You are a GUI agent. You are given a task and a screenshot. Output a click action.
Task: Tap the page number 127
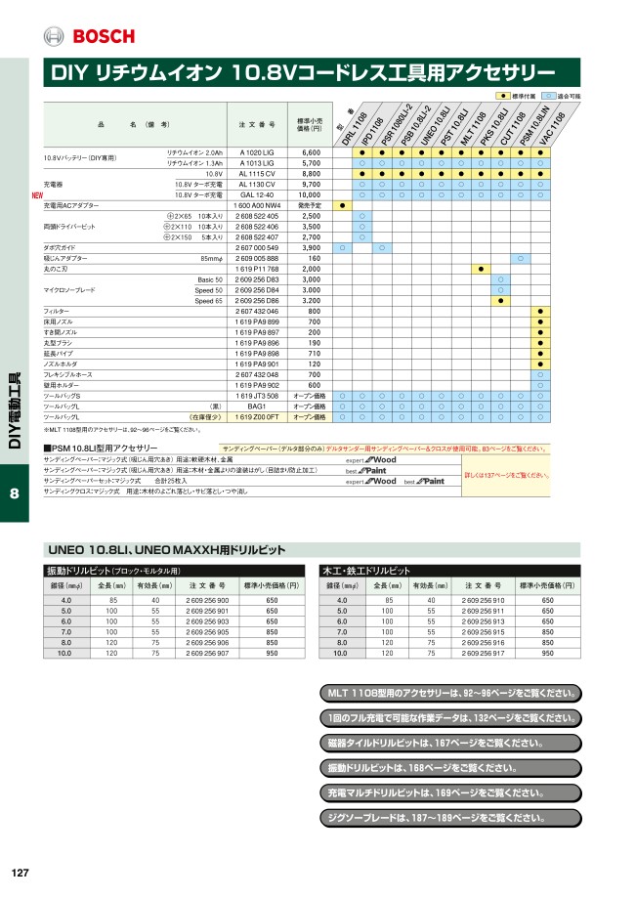(x=19, y=873)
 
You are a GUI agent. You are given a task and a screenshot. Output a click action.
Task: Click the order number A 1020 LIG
(x=257, y=153)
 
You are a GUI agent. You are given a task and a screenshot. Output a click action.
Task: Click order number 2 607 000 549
(x=257, y=247)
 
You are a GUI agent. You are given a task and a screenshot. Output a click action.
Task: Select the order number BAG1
(x=257, y=406)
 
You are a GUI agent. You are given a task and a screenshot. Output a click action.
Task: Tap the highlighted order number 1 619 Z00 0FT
(x=257, y=416)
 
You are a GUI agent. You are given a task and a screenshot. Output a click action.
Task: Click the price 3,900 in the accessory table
(x=310, y=247)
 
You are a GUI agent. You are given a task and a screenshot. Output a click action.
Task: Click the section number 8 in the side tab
(x=15, y=493)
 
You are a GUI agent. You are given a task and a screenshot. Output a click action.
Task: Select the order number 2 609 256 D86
(x=257, y=300)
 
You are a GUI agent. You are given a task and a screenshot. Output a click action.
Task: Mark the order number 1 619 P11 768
(x=257, y=268)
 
